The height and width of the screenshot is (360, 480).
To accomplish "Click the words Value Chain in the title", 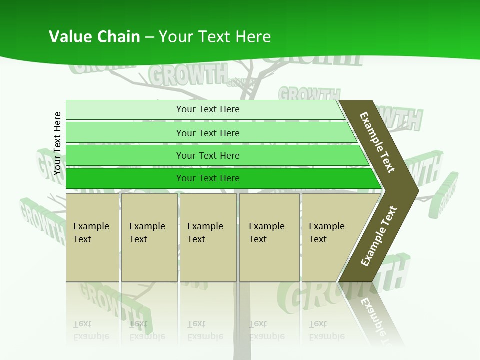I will (94, 37).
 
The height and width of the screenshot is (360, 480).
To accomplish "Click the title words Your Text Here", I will (215, 37).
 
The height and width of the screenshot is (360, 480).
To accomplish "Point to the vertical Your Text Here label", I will (57, 143).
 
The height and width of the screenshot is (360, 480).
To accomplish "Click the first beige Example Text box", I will (92, 237).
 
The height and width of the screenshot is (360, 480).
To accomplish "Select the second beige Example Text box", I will (149, 237).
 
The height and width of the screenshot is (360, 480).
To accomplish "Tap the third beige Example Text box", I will (208, 237).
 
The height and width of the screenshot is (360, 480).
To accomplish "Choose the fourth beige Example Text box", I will (269, 237).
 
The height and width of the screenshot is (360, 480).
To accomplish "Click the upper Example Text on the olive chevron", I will (377, 142).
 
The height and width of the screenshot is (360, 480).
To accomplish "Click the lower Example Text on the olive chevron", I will (379, 236).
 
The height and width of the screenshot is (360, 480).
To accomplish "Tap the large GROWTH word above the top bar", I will (187, 76).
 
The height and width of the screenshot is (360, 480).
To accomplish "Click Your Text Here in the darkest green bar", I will (208, 178).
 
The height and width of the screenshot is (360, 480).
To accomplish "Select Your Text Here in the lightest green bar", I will (208, 109).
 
